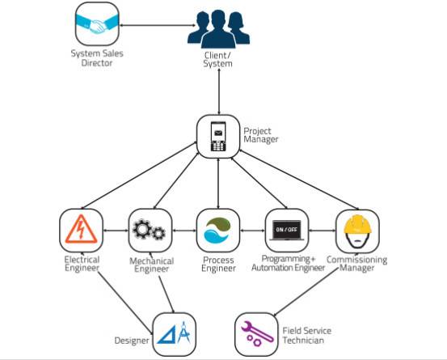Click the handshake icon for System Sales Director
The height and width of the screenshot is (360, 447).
click(x=97, y=24)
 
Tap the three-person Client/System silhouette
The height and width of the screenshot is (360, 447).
click(x=218, y=29)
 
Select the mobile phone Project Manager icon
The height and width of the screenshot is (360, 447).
click(x=218, y=137)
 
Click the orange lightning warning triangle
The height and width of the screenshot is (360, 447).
click(x=82, y=230)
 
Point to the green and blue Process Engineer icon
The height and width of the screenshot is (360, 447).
click(x=218, y=231)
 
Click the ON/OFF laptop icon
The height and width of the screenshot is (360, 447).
click(x=287, y=231)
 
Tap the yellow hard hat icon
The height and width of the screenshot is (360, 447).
click(x=357, y=231)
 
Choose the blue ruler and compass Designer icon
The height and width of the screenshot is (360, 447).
click(x=174, y=334)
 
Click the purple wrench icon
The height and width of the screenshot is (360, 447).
click(x=256, y=334)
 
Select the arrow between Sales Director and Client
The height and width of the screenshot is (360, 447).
click(x=158, y=25)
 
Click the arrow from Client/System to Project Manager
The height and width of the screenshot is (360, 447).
click(x=219, y=91)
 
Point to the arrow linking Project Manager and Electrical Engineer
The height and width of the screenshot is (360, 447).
click(x=139, y=176)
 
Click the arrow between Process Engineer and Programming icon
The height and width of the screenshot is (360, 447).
click(x=252, y=231)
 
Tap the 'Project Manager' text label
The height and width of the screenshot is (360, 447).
click(x=260, y=135)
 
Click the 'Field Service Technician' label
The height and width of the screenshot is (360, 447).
click(x=306, y=336)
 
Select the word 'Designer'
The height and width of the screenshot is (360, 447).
click(x=132, y=341)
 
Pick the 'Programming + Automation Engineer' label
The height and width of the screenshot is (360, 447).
click(x=289, y=263)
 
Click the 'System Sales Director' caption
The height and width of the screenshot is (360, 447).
click(x=97, y=58)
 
